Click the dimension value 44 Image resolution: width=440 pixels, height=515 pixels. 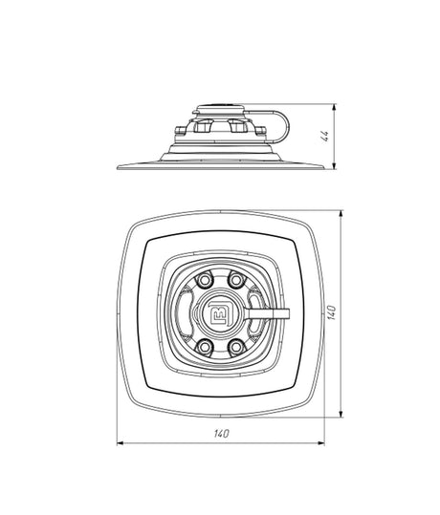tap(324, 136)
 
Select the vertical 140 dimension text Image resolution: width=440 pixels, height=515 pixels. tap(332, 312)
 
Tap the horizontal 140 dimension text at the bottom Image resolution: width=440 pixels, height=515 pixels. tap(221, 434)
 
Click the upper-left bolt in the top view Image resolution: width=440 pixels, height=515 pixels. tap(204, 280)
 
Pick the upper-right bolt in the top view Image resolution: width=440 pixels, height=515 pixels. tap(236, 280)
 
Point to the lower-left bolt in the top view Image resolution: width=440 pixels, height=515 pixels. tap(204, 347)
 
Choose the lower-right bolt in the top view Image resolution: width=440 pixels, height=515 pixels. tap(236, 347)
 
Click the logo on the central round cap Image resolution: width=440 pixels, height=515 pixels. tap(221, 313)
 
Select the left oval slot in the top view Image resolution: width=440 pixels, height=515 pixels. tap(185, 313)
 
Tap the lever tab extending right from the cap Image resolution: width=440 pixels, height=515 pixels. tap(268, 313)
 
